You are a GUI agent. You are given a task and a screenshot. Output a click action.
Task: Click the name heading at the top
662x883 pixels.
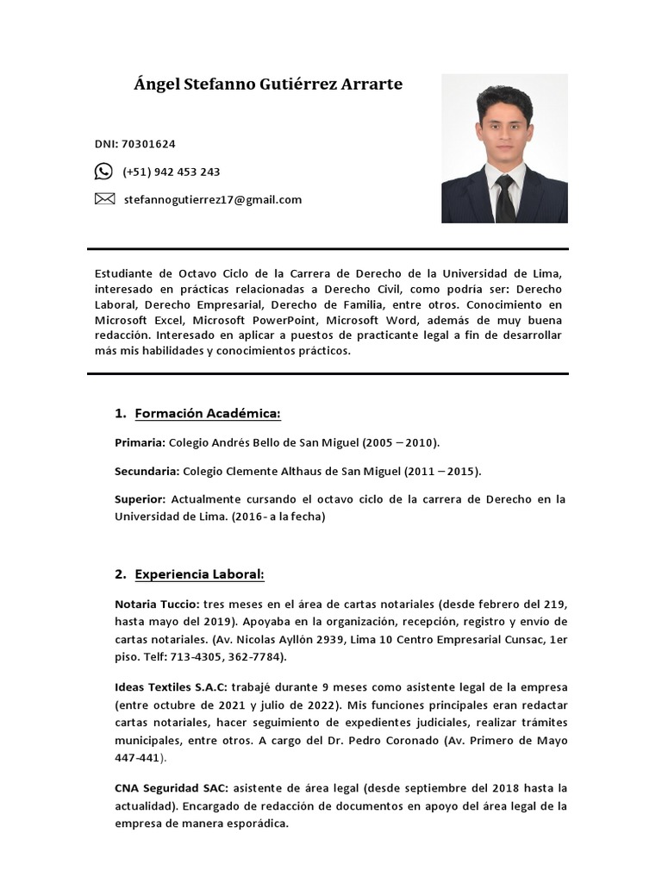pos(268,85)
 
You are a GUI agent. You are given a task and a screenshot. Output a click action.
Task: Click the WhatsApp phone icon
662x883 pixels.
pos(103,172)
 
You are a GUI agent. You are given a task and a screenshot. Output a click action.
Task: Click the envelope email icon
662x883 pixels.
pos(103,199)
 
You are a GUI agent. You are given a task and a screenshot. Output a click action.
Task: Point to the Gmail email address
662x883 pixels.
pos(212,199)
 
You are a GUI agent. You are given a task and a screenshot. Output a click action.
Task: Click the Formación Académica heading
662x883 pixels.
pos(208,414)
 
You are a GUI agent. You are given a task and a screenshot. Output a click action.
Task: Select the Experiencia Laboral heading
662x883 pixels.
pos(199,574)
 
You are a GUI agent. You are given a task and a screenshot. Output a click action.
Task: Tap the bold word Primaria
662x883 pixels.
pos(139,442)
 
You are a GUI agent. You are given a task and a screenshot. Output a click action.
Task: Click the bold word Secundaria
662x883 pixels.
pos(147,471)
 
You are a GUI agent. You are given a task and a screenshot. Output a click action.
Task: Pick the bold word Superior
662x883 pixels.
pos(140,499)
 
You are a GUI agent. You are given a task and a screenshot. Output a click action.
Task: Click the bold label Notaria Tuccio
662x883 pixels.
pos(157,604)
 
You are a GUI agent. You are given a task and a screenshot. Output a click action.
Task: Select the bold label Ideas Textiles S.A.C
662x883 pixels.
pos(170,687)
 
